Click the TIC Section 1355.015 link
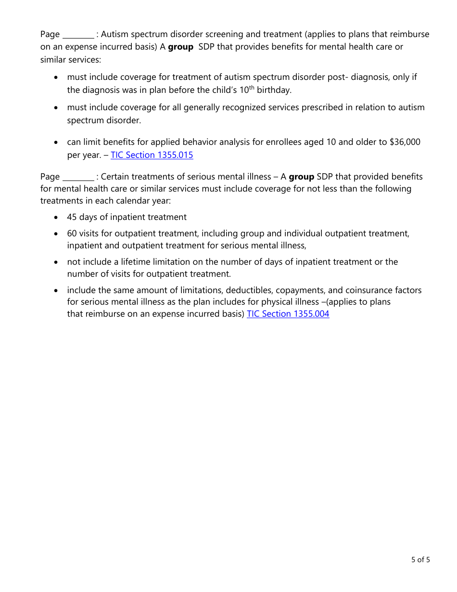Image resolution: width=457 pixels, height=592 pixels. [152, 155]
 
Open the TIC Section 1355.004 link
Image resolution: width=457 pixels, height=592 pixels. [288, 314]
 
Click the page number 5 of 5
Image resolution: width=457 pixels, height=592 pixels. [420, 559]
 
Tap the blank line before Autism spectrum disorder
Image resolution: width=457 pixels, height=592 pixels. [78, 35]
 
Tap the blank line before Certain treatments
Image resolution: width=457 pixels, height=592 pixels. [78, 178]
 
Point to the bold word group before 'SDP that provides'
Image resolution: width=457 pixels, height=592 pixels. [180, 47]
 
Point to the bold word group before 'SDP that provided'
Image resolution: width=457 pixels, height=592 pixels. [301, 177]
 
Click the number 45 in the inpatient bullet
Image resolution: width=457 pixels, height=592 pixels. [72, 217]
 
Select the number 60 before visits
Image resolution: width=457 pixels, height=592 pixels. [72, 233]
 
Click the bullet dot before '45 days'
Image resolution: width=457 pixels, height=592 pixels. [57, 218]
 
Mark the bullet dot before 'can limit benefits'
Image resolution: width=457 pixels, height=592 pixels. [57, 143]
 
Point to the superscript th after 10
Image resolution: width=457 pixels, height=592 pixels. [252, 88]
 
